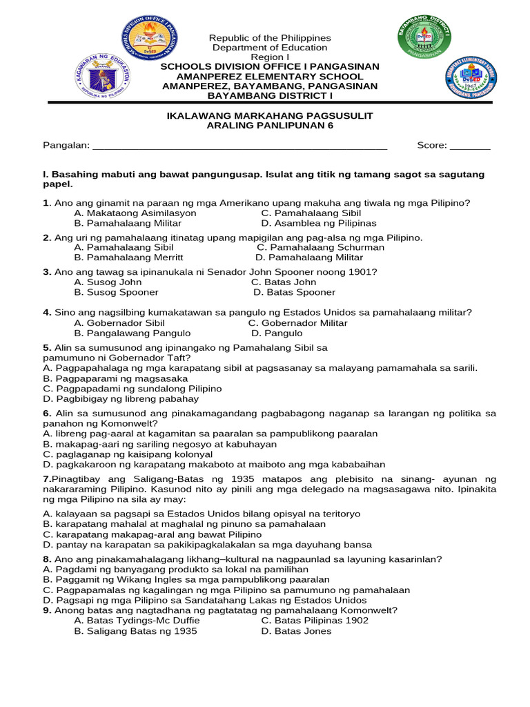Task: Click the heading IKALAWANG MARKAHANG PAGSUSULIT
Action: point(270,115)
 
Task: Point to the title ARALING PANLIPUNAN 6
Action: point(270,125)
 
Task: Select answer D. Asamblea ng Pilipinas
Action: point(319,224)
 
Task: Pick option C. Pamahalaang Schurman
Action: point(320,247)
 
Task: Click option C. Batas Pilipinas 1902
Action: point(315,620)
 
